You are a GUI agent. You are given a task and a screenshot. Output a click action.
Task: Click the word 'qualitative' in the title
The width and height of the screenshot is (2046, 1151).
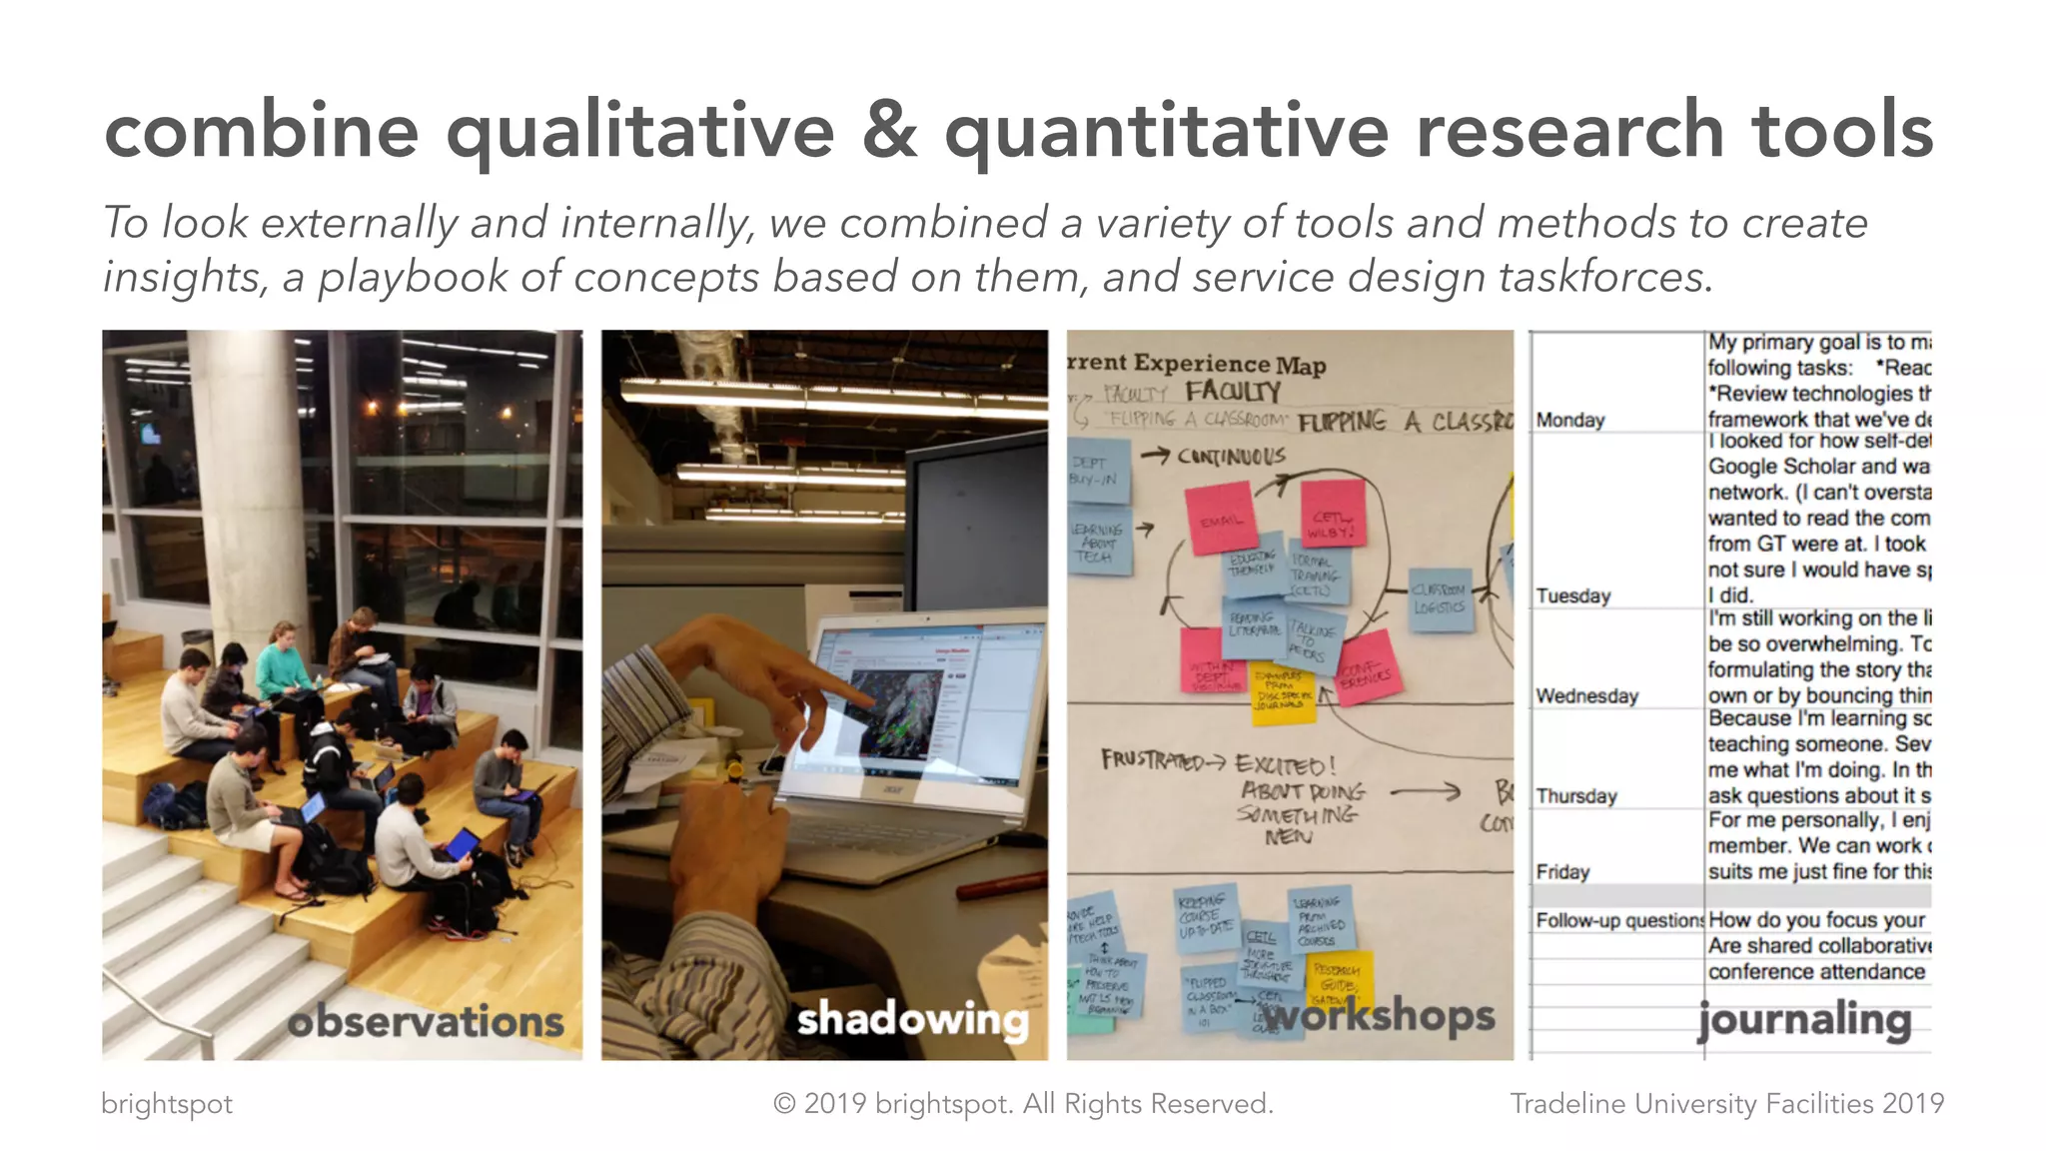tap(639, 133)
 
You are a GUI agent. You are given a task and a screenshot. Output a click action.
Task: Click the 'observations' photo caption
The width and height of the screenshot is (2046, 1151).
tap(426, 1021)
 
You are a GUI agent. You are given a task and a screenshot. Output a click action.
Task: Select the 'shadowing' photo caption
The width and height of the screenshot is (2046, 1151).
tap(912, 1019)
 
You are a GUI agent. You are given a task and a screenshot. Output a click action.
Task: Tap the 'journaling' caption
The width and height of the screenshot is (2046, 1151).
tap(1804, 1019)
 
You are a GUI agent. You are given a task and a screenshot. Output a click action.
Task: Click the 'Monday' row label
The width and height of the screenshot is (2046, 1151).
tap(1570, 420)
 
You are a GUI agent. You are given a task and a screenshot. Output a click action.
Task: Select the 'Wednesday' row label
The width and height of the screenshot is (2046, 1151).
tap(1586, 695)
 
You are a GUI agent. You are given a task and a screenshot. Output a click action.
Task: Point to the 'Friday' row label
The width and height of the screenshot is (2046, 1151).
tap(1562, 871)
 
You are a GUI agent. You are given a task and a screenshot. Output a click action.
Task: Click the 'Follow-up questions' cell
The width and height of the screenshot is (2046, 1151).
tap(1618, 920)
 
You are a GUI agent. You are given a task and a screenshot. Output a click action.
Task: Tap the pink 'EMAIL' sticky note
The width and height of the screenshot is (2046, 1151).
tap(1221, 520)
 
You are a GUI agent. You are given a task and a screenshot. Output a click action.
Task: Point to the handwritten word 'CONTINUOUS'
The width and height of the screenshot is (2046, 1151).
tap(1231, 457)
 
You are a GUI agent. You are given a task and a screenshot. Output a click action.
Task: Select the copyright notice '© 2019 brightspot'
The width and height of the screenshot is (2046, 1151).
tap(1023, 1103)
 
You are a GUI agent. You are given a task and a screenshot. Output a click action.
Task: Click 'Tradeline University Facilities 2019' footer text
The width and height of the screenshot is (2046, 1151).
tap(1726, 1103)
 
